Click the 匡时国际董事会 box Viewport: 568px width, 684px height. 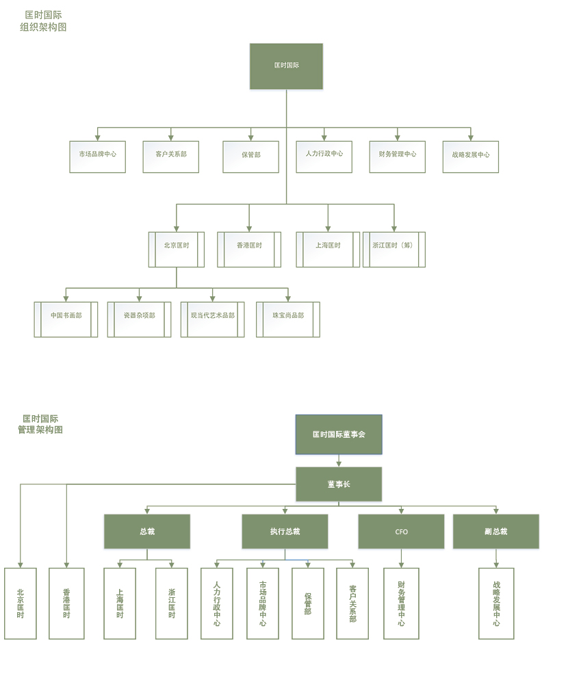[x=339, y=434]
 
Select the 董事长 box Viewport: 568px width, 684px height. [x=339, y=484]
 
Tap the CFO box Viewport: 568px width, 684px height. [x=401, y=531]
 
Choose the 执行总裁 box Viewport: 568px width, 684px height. [x=285, y=531]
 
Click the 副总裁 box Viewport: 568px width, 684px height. [x=495, y=531]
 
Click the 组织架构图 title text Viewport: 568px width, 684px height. [x=43, y=27]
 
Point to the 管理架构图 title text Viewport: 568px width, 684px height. [x=40, y=430]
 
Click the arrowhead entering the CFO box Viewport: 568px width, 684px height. [x=401, y=511]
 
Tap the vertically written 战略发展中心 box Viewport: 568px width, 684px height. [x=496, y=603]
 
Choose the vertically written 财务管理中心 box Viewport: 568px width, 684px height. [x=401, y=603]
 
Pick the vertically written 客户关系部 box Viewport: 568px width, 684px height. [x=352, y=603]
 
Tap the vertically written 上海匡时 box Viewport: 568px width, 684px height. [x=120, y=603]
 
